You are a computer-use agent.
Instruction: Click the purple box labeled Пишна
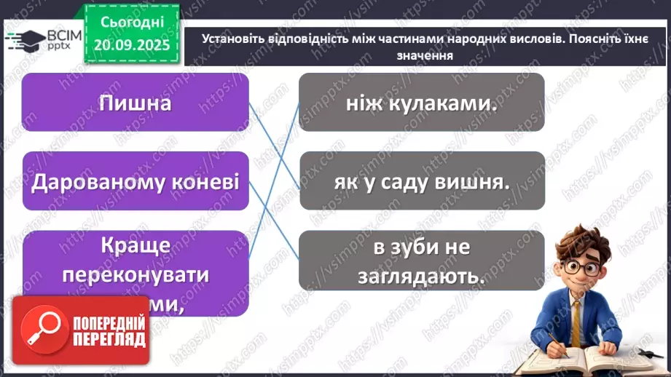(135, 103)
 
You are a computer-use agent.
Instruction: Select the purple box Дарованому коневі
(135, 181)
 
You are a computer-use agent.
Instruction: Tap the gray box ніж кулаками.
(421, 103)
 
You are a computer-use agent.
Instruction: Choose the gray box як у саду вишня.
(421, 182)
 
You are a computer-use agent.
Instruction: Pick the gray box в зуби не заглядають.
(421, 261)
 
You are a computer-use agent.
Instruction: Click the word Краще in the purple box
(135, 246)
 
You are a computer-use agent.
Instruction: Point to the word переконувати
(136, 275)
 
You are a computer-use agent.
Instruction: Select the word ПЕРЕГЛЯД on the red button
(109, 338)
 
